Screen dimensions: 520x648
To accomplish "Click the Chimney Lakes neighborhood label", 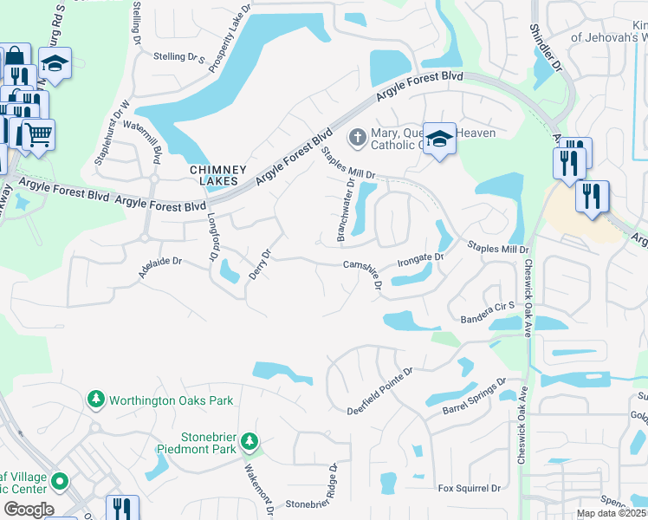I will (219, 175).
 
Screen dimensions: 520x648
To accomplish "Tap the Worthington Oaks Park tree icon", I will (96, 400).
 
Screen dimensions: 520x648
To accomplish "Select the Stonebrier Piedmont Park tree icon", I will (249, 442).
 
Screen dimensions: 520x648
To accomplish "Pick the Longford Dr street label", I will (211, 239).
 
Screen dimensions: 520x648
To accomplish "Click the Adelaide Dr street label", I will (160, 265).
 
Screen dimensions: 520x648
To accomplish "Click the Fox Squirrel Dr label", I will (470, 489).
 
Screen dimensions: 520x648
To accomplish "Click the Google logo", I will (28, 510).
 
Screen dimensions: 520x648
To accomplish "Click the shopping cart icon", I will (37, 134).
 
